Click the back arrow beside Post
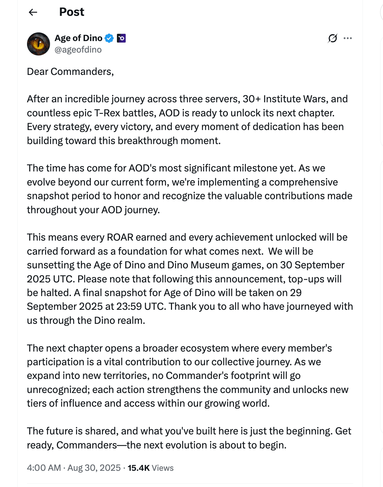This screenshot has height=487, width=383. coord(33,12)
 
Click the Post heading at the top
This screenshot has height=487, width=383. coord(72,12)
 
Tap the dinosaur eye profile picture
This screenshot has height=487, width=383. coord(39,44)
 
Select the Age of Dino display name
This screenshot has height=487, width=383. coord(78,38)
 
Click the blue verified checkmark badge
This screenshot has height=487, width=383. coord(109,38)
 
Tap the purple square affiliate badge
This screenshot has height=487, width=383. coord(121,38)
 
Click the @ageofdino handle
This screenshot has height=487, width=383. coord(78,50)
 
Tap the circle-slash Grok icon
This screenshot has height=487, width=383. coord(333,38)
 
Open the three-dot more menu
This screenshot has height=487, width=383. coord(348,38)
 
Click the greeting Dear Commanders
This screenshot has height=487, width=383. coord(70,72)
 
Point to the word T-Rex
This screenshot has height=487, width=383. coord(107,113)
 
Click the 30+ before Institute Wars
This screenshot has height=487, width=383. coord(251,99)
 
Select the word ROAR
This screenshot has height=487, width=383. coord(120,237)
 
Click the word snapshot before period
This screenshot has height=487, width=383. coord(48,196)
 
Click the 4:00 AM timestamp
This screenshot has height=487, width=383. coord(44,468)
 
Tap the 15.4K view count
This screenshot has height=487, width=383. coord(139,468)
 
